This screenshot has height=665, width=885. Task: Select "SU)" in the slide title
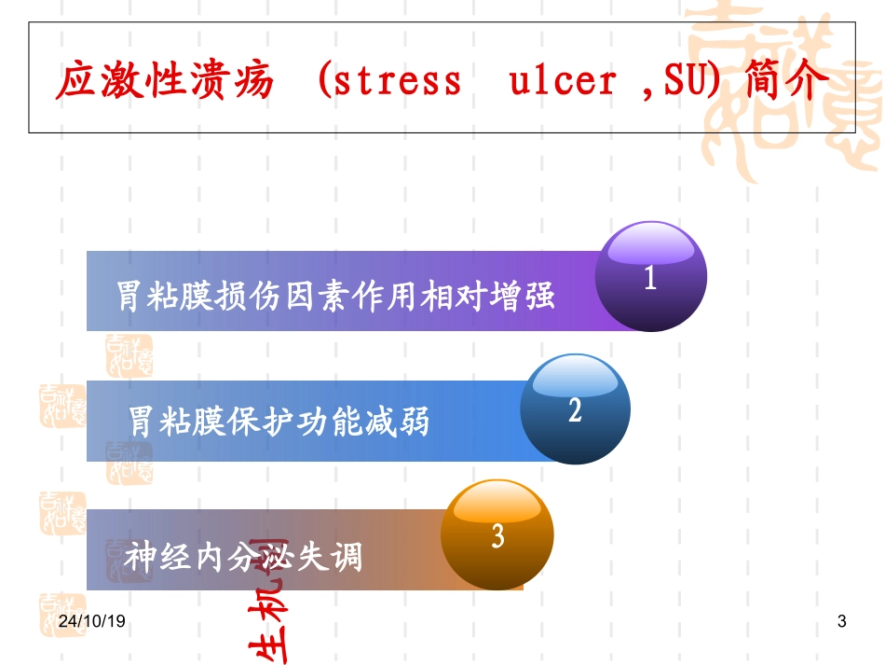(x=693, y=82)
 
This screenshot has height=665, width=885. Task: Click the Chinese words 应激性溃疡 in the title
(x=165, y=82)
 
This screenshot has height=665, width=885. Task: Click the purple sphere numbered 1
(x=651, y=276)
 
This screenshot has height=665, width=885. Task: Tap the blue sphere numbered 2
(x=575, y=409)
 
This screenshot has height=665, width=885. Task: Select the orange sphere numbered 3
(x=497, y=534)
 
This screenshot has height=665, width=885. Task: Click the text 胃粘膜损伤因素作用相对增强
(x=335, y=296)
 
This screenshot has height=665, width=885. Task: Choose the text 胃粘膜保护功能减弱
(x=279, y=421)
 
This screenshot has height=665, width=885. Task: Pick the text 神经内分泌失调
(x=243, y=557)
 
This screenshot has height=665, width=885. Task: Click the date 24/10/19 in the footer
(x=91, y=621)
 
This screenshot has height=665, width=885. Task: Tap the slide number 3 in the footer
(x=842, y=621)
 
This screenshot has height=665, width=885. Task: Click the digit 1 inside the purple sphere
(x=650, y=279)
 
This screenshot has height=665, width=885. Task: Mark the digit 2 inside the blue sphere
(x=575, y=410)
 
